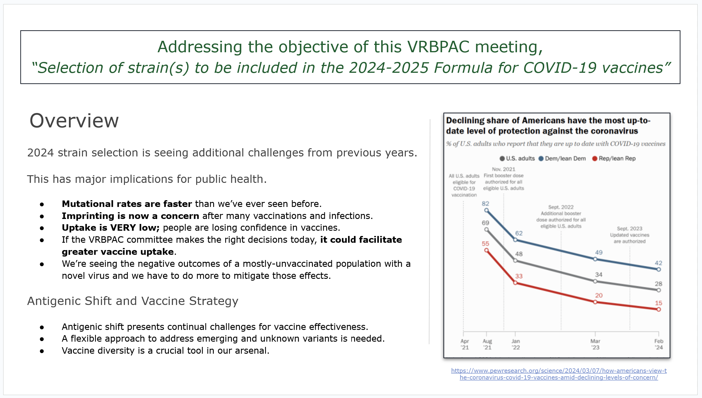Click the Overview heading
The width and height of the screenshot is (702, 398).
coord(74,121)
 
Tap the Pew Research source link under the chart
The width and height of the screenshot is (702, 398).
coord(559,374)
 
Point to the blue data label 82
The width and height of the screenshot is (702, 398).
coord(485,203)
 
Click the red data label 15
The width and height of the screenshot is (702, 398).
coord(658,303)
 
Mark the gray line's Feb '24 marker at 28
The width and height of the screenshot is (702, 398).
coord(659,290)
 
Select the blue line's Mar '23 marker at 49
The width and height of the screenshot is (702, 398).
coord(595,259)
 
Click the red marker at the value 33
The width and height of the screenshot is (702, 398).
coord(515,283)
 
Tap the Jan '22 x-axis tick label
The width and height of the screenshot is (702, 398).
coord(516,344)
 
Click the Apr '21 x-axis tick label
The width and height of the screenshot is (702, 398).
coord(464,344)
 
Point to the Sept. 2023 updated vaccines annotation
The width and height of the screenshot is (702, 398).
coord(630,235)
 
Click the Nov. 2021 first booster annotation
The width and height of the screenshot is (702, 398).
coord(503,179)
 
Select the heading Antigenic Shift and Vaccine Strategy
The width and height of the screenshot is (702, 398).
coord(133,301)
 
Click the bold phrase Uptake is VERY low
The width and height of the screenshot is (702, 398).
coord(110,228)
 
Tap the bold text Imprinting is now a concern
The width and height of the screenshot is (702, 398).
coord(130,216)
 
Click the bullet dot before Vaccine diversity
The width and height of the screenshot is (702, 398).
coord(42,351)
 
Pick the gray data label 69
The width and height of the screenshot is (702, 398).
coord(485,223)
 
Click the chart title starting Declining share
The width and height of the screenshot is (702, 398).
coord(548,126)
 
